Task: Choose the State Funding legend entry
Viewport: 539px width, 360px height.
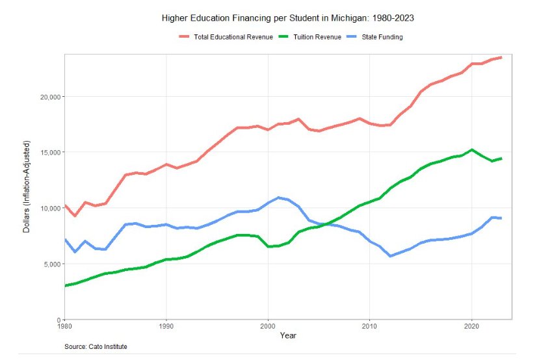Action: [x=376, y=37]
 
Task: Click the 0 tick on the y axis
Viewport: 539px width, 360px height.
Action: [x=59, y=320]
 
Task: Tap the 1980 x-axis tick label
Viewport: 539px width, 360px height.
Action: [x=65, y=327]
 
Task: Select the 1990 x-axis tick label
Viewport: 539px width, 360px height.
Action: [x=166, y=327]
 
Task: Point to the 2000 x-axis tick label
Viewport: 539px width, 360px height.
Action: [x=268, y=327]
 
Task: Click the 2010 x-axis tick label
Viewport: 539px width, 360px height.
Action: [x=369, y=327]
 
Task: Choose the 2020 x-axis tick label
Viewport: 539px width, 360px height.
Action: [x=471, y=327]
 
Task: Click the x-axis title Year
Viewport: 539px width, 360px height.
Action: [x=288, y=336]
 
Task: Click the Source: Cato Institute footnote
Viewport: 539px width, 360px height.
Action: [x=96, y=347]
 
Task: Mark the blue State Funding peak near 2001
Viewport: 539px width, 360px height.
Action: [x=278, y=198]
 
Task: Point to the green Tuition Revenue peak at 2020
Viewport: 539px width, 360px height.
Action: [x=471, y=150]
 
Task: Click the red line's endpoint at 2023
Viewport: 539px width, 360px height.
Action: [x=501, y=57]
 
